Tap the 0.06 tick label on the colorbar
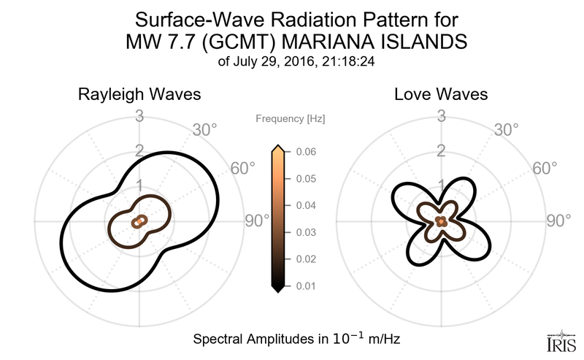305,152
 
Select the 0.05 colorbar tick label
305,179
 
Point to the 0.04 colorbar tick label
305,206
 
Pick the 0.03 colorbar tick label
305,232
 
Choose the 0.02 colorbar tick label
305,259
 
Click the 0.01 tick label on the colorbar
305,286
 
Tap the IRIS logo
559,339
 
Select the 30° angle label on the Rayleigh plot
204,130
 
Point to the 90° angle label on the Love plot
561,221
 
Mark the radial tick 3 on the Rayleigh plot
139,115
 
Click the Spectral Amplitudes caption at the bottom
296,340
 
